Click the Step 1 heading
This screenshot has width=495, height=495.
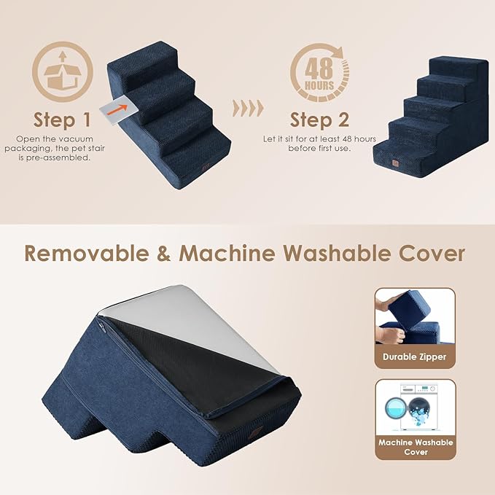click(x=63, y=119)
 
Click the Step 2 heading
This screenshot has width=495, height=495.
click(x=319, y=119)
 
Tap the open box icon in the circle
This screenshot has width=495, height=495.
click(x=63, y=71)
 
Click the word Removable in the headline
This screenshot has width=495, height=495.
click(x=91, y=253)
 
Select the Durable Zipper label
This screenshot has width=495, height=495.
click(x=415, y=357)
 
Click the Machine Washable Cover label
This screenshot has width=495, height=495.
click(x=415, y=447)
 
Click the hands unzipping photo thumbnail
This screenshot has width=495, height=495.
click(x=415, y=317)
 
